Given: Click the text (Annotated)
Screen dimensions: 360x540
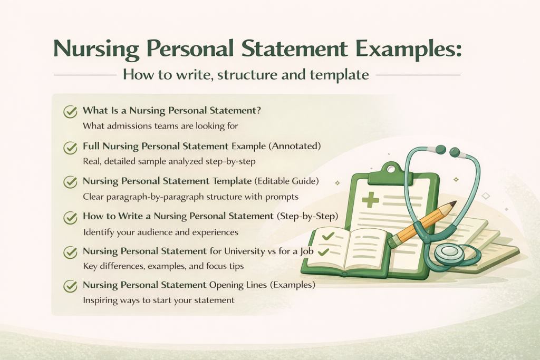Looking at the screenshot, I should pos(295,145).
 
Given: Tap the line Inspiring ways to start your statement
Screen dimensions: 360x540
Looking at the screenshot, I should pos(159,300).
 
